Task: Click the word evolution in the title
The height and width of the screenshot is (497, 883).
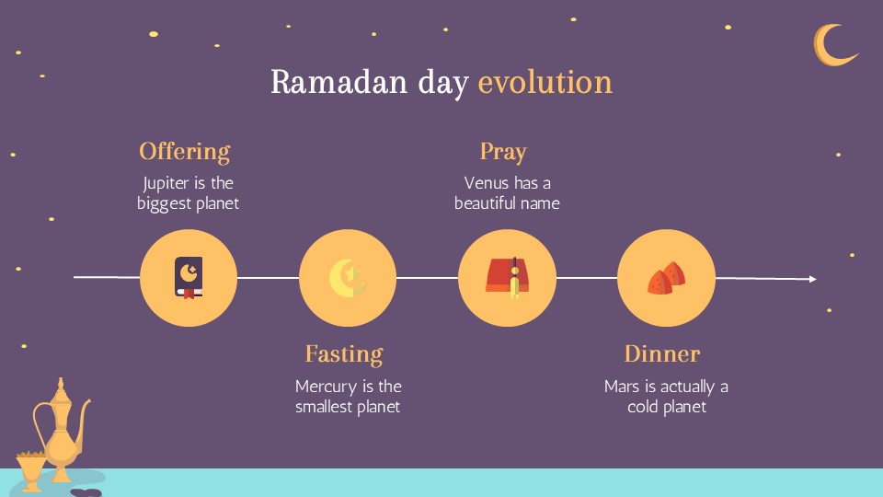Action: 545,82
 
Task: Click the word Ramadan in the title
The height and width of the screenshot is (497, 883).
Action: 327,82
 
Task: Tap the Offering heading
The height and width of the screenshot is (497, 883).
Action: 184,151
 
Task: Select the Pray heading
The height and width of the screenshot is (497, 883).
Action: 503,151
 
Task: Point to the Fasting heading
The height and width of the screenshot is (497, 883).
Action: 344,353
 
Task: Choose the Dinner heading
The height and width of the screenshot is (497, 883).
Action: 662,353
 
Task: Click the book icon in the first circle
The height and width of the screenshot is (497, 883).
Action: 189,278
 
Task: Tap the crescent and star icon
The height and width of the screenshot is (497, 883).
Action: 347,278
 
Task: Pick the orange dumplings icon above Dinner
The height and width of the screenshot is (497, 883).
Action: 667,278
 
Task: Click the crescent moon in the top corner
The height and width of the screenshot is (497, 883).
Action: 832,45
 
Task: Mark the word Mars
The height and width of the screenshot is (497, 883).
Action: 621,387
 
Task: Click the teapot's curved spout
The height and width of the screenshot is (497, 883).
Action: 84,413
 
